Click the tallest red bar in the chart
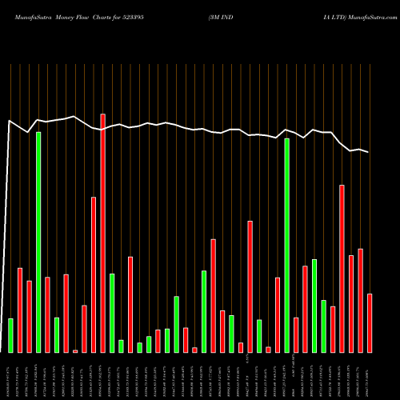click(x=102, y=233)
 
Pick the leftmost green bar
click(x=10, y=335)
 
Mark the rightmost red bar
click(x=370, y=323)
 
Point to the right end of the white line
click(x=369, y=152)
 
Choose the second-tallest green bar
click(x=287, y=245)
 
